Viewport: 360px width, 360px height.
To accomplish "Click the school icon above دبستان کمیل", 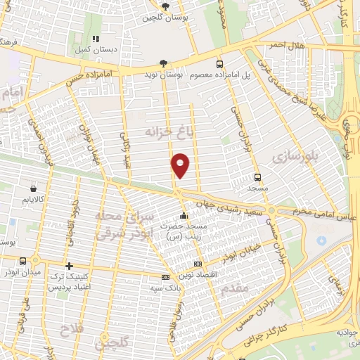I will (x=96, y=39).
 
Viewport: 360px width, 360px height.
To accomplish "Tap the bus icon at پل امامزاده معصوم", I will (x=220, y=63).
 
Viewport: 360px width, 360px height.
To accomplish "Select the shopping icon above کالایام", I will (x=34, y=188).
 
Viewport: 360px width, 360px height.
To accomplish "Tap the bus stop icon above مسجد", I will (x=258, y=177).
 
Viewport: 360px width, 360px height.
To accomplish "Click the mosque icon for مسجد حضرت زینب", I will (x=184, y=215).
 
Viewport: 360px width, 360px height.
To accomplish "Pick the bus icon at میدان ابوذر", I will (x=23, y=261).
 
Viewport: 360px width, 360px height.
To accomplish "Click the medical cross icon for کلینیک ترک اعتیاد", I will (x=68, y=266).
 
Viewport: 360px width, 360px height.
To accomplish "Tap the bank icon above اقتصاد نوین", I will (x=196, y=262).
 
